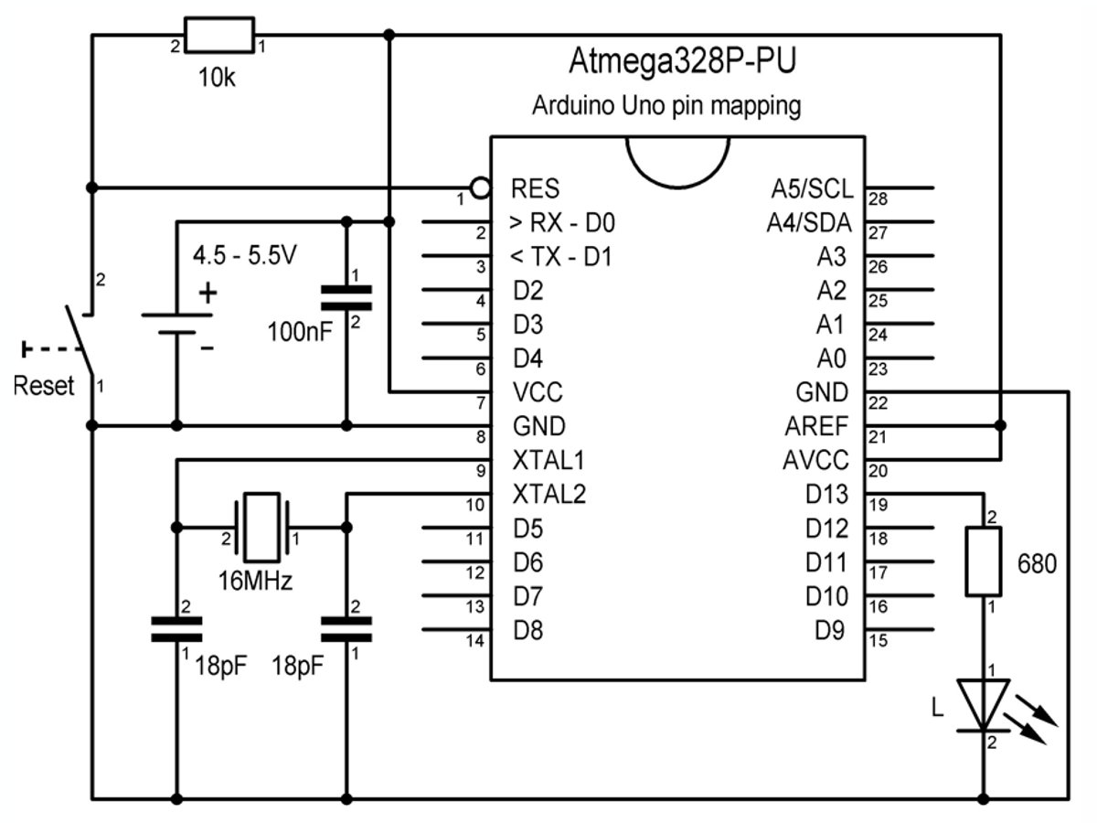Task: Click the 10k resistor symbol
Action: pyautogui.click(x=218, y=36)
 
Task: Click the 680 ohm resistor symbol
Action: pyautogui.click(x=984, y=561)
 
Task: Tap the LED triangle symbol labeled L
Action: pyautogui.click(x=984, y=704)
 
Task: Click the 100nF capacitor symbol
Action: pyautogui.click(x=346, y=300)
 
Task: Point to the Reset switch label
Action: pyautogui.click(x=43, y=386)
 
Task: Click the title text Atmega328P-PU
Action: pyautogui.click(x=682, y=62)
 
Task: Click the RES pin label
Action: pyautogui.click(x=536, y=189)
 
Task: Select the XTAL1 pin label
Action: pyautogui.click(x=549, y=460)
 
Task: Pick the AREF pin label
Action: pyautogui.click(x=816, y=426)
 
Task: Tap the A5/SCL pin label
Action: pyautogui.click(x=812, y=189)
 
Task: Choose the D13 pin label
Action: pyautogui.click(x=826, y=495)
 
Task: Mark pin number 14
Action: pyautogui.click(x=474, y=640)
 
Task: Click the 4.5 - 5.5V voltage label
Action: pyautogui.click(x=244, y=257)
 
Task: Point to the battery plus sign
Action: pyautogui.click(x=209, y=294)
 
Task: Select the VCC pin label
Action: pyautogui.click(x=538, y=393)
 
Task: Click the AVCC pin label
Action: pyautogui.click(x=815, y=460)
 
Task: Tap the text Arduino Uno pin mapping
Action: pyautogui.click(x=666, y=106)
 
